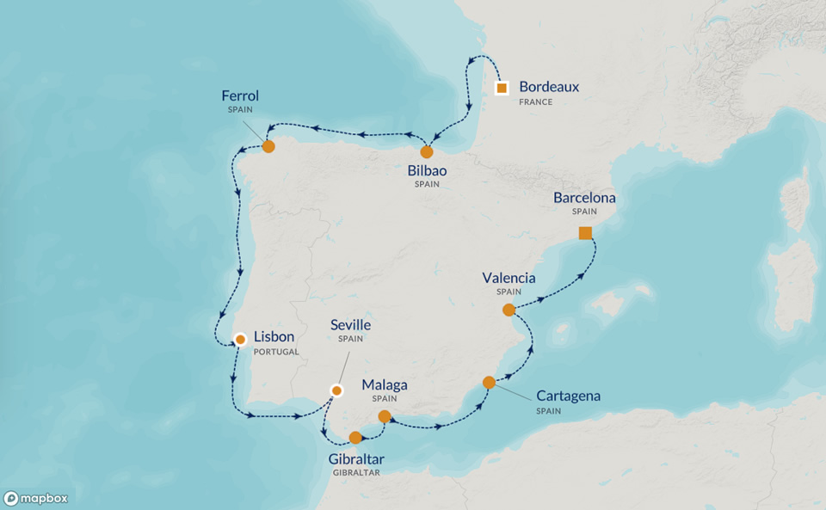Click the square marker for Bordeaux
click(x=502, y=88)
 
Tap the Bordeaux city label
click(x=549, y=87)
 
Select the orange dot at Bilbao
click(x=427, y=152)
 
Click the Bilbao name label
click(x=427, y=170)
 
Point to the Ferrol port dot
click(x=268, y=146)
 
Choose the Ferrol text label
click(x=240, y=95)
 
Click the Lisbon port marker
click(x=241, y=339)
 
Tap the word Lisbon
click(x=274, y=338)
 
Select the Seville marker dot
click(x=337, y=390)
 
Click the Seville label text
click(x=351, y=325)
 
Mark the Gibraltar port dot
click(x=355, y=437)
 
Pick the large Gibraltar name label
click(x=356, y=458)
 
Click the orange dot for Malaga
click(x=385, y=416)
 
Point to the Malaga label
click(x=385, y=384)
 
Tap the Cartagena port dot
click(x=489, y=383)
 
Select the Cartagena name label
click(x=568, y=396)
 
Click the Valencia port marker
click(x=509, y=310)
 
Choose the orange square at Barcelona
click(x=585, y=233)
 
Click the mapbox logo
click(x=35, y=498)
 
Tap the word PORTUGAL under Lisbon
click(x=277, y=352)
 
